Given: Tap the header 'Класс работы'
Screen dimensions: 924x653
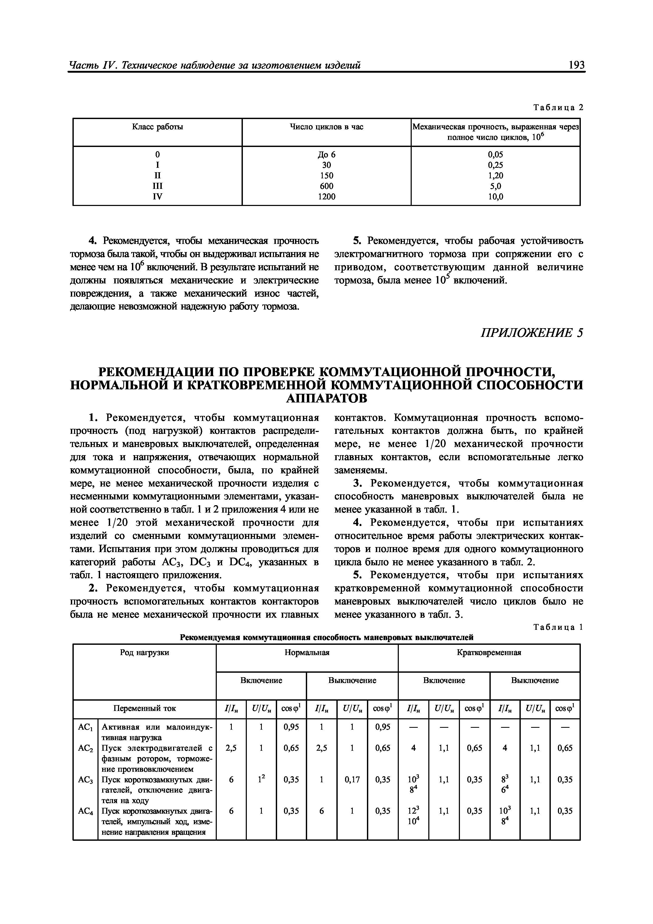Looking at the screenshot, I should point(157,127).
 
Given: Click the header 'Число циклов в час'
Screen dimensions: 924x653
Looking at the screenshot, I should point(326,127).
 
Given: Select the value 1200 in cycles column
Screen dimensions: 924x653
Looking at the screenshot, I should point(326,196).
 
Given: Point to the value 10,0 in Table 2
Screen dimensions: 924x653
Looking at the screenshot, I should point(495,196).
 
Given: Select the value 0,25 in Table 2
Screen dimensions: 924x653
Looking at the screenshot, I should point(495,165).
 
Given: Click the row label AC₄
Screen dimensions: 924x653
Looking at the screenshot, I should point(85,811).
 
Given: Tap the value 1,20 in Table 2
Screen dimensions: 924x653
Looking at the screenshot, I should point(495,175).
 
